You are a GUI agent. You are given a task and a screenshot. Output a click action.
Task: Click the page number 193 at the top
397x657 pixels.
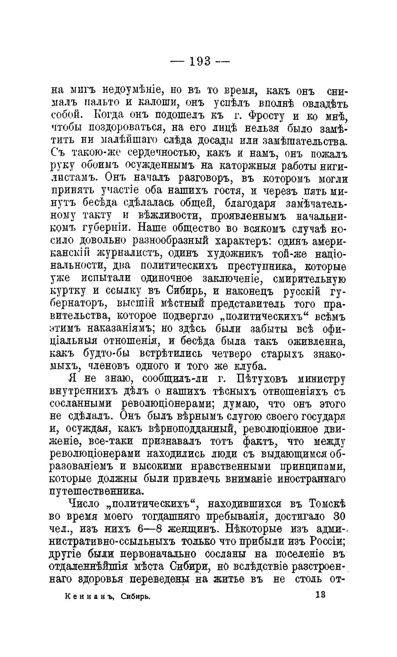point(200,62)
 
